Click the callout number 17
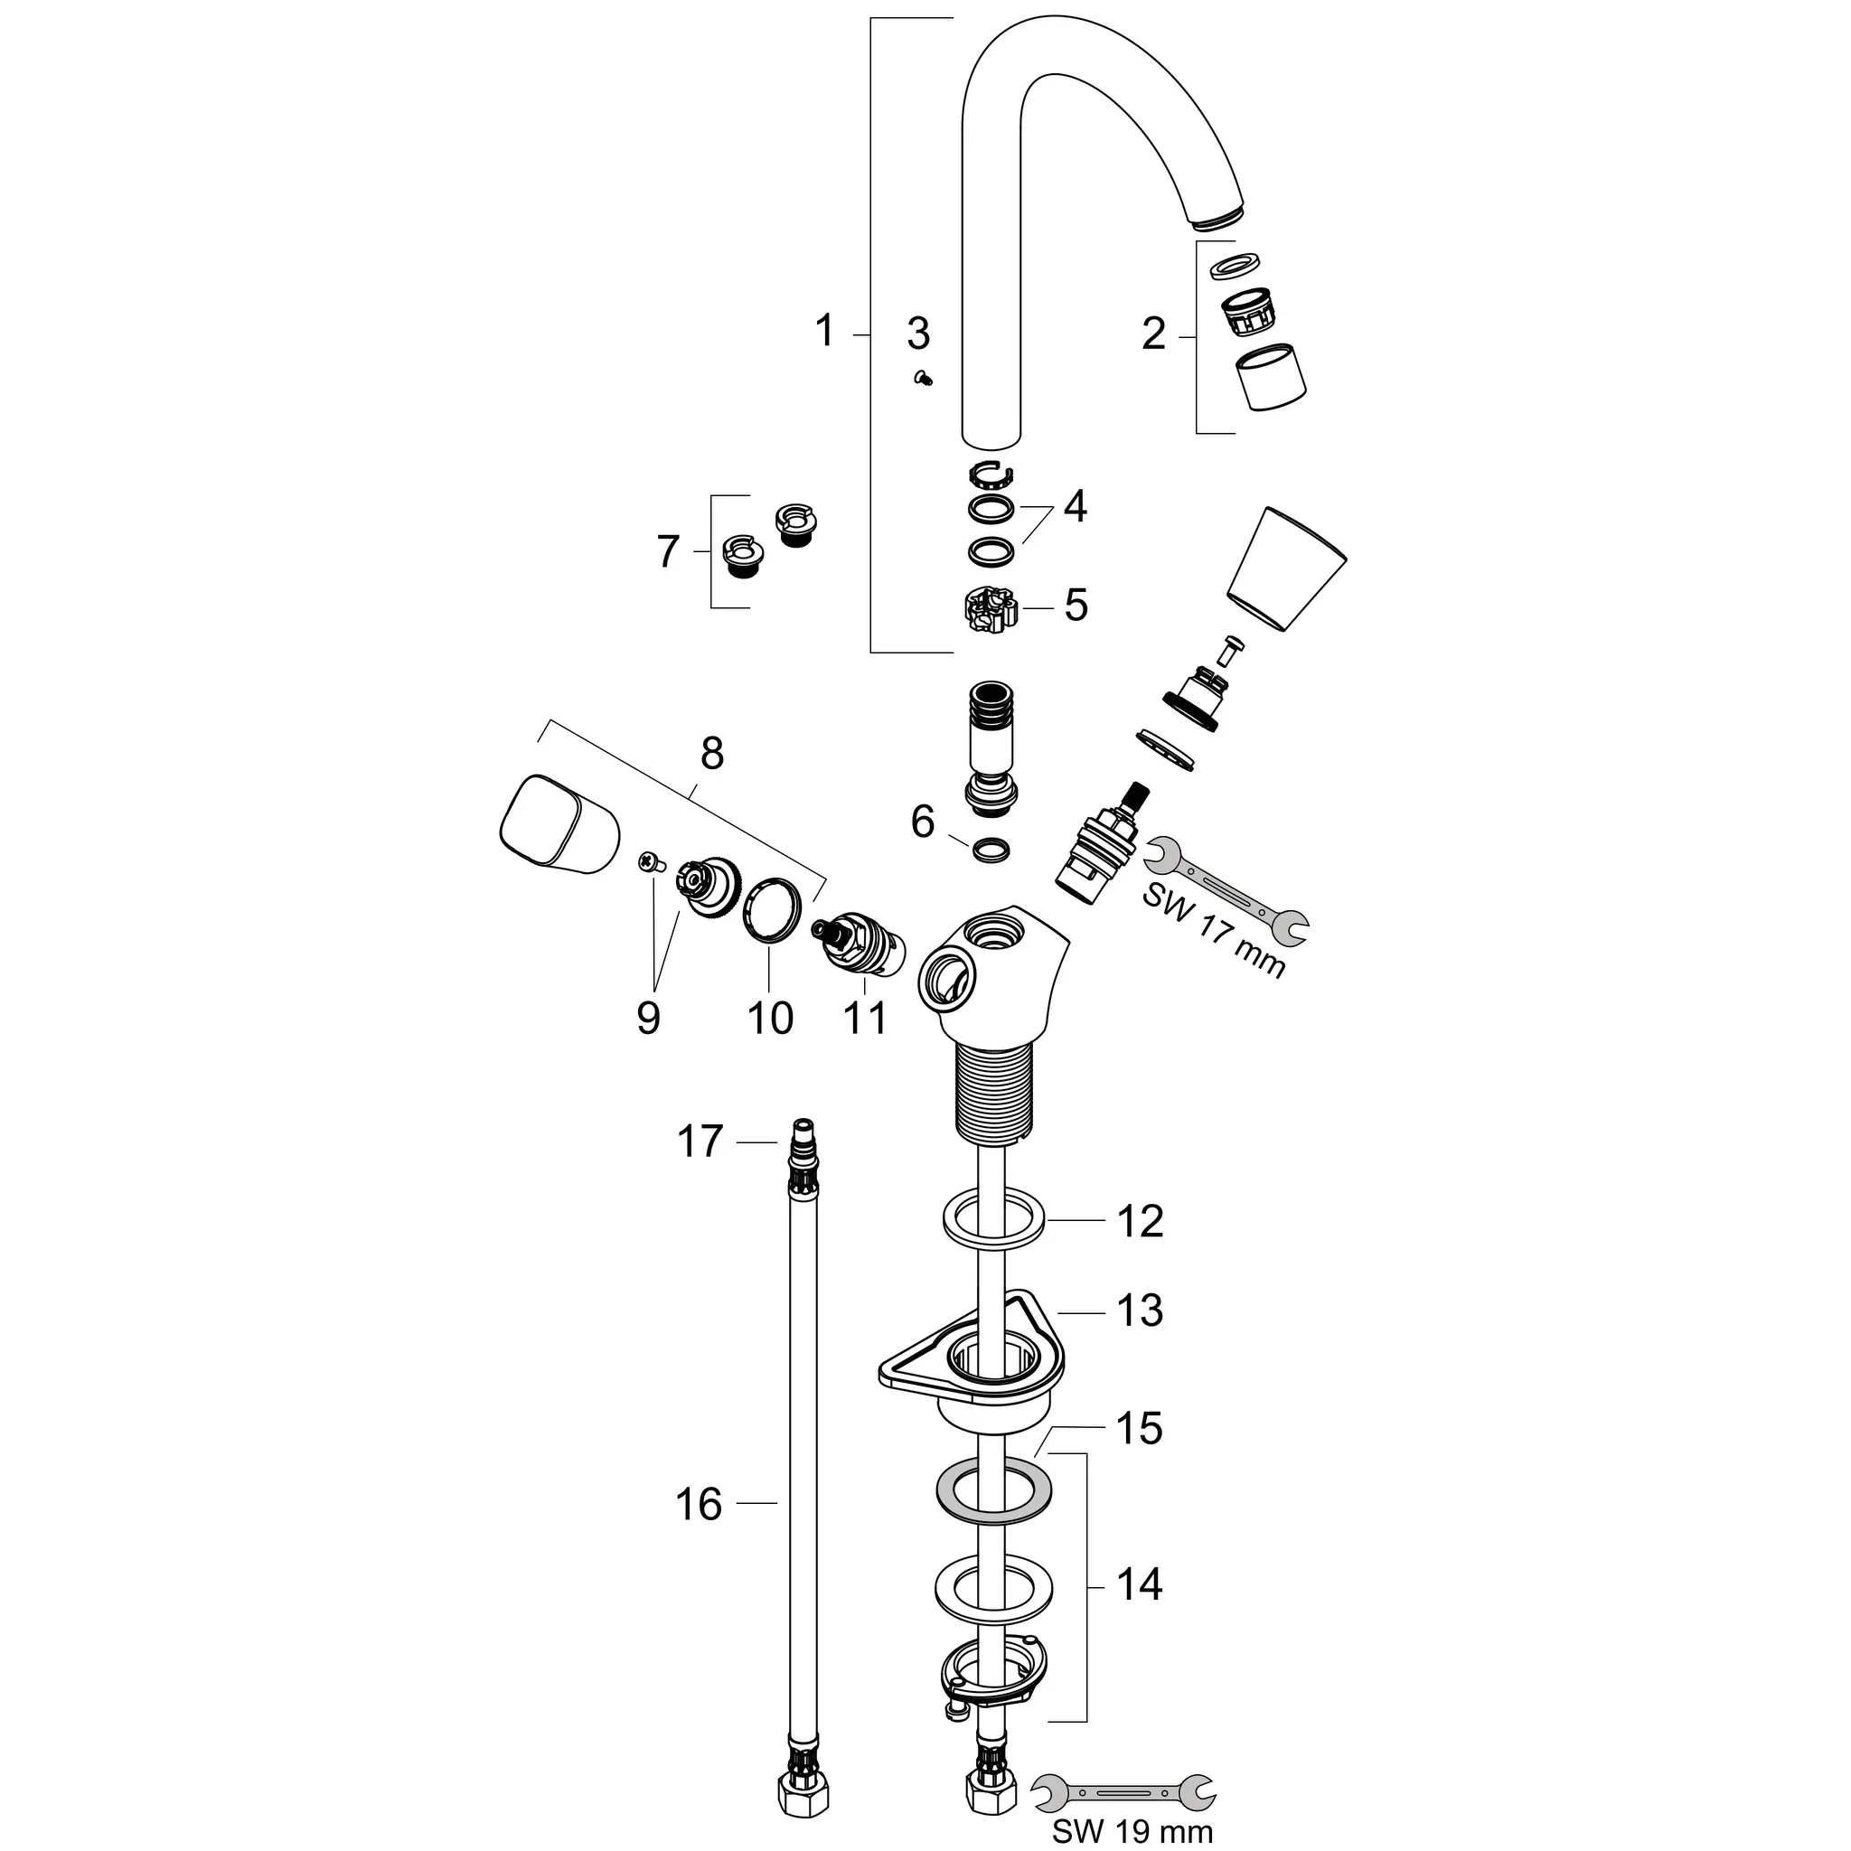coord(700,1142)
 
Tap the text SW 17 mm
coord(1213,929)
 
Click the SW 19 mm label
coord(1132,1831)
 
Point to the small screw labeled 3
coord(925,379)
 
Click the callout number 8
coord(712,754)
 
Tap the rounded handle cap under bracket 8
coord(559,825)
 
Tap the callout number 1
coord(824,332)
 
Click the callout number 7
coord(668,553)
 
